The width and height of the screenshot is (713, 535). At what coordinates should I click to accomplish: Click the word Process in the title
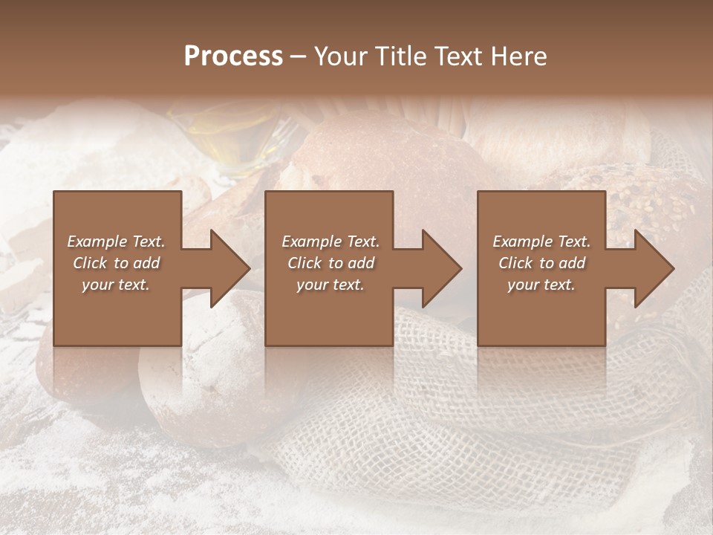(x=233, y=56)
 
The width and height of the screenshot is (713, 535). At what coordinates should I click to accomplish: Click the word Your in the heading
(x=341, y=56)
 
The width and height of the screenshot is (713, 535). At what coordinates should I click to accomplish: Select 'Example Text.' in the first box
(x=116, y=241)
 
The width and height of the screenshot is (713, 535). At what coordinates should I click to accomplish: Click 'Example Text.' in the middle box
(x=331, y=241)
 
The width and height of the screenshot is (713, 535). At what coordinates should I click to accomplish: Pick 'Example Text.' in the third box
(x=541, y=241)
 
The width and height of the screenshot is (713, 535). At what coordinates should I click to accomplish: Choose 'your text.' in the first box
(x=116, y=285)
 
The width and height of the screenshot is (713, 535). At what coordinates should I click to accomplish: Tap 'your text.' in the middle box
(x=331, y=285)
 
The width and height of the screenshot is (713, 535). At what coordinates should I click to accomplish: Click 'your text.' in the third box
(x=541, y=285)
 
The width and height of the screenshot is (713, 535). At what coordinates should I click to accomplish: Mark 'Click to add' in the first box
(x=116, y=263)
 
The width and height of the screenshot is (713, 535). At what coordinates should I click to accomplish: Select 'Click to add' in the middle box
(x=331, y=263)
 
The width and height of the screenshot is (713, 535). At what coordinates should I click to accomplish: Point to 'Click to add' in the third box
(x=541, y=263)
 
